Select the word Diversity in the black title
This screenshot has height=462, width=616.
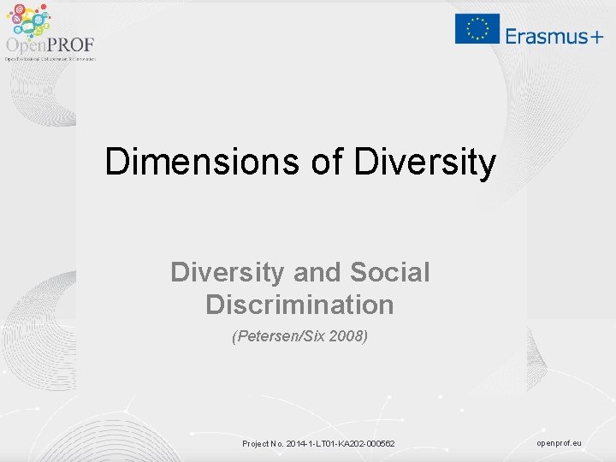coord(424,162)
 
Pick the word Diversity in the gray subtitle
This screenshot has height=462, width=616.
coord(228,272)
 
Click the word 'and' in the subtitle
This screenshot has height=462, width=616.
coord(315,272)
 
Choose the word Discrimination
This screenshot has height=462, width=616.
coord(299,305)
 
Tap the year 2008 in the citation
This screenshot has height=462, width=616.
coord(350,337)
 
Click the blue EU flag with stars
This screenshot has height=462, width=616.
coord(477,28)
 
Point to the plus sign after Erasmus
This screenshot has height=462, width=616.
coord(595,36)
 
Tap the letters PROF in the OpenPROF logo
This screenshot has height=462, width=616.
coord(71,45)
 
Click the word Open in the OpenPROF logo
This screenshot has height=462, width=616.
coord(25,45)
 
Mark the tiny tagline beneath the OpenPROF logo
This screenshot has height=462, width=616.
coord(50,59)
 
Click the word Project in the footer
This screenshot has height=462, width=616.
coord(256,444)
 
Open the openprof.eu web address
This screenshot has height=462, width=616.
coord(559,443)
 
